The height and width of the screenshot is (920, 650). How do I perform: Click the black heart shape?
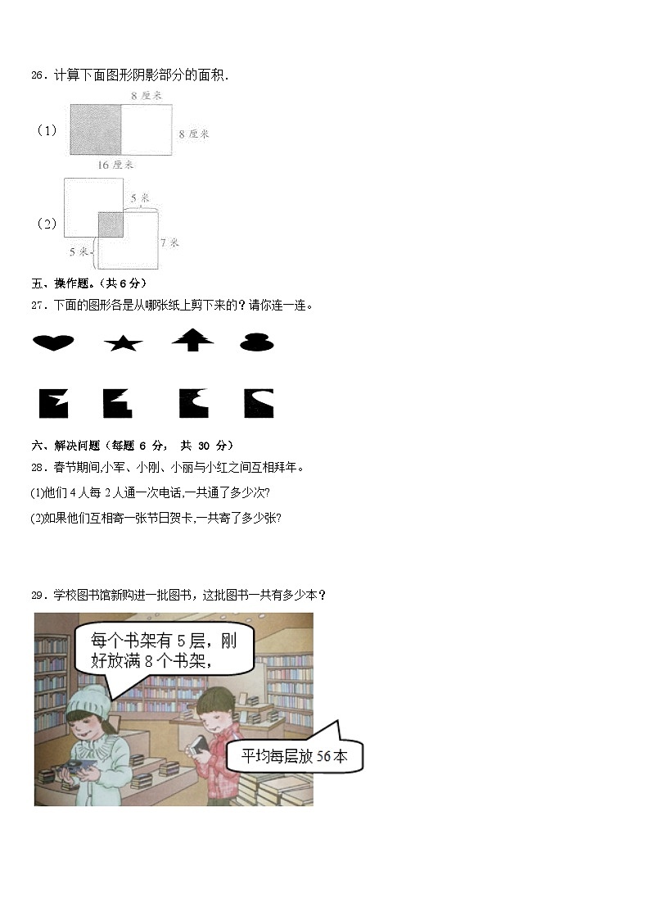tap(53, 342)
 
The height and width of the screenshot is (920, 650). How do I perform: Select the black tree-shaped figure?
tap(193, 340)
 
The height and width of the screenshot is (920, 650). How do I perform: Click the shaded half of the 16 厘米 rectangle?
tap(96, 129)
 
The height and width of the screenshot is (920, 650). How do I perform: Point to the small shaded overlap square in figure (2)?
tap(111, 224)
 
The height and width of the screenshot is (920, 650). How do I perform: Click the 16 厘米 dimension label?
tap(115, 165)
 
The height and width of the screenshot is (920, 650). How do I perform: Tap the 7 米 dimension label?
tap(169, 242)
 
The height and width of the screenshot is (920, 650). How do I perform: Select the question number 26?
tap(37, 75)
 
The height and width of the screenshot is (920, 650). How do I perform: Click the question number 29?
tap(37, 595)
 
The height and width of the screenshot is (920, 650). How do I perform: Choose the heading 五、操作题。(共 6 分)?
tap(88, 283)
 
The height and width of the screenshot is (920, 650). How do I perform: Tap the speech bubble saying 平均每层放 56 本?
tap(294, 756)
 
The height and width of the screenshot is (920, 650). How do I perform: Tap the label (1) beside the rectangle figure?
tap(47, 130)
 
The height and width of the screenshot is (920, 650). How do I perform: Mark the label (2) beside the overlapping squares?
tap(47, 224)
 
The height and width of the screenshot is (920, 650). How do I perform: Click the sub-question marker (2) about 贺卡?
tap(36, 518)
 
